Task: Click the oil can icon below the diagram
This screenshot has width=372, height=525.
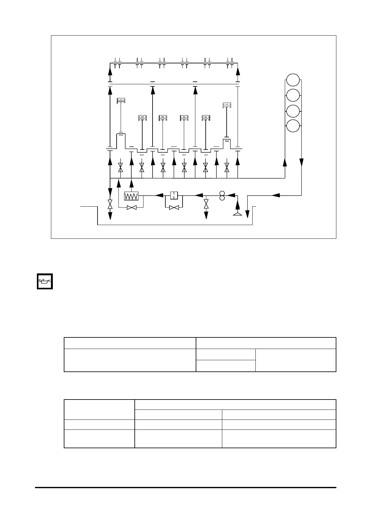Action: click(45, 281)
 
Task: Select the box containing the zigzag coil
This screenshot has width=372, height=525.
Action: click(131, 196)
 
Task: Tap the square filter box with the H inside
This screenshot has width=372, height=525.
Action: click(174, 196)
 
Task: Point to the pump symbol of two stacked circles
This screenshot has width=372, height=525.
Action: click(222, 196)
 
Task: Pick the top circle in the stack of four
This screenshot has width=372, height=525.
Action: click(293, 80)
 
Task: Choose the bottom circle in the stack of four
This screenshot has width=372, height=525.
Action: click(293, 126)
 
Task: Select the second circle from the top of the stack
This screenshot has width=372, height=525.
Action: click(293, 95)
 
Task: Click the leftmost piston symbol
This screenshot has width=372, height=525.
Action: click(121, 101)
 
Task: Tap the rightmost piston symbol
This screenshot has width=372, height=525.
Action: click(227, 105)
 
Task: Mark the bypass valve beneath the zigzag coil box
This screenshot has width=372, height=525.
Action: click(131, 207)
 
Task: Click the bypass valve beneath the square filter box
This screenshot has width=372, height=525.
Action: click(173, 207)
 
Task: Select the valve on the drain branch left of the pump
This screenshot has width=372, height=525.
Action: click(206, 204)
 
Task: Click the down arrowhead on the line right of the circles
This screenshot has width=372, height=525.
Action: click(301, 162)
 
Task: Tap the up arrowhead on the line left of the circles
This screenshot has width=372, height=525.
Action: click(285, 162)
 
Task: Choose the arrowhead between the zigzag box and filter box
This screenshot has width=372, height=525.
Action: click(159, 195)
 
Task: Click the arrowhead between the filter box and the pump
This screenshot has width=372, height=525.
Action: click(199, 195)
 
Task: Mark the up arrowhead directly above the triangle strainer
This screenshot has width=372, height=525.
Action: click(238, 205)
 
